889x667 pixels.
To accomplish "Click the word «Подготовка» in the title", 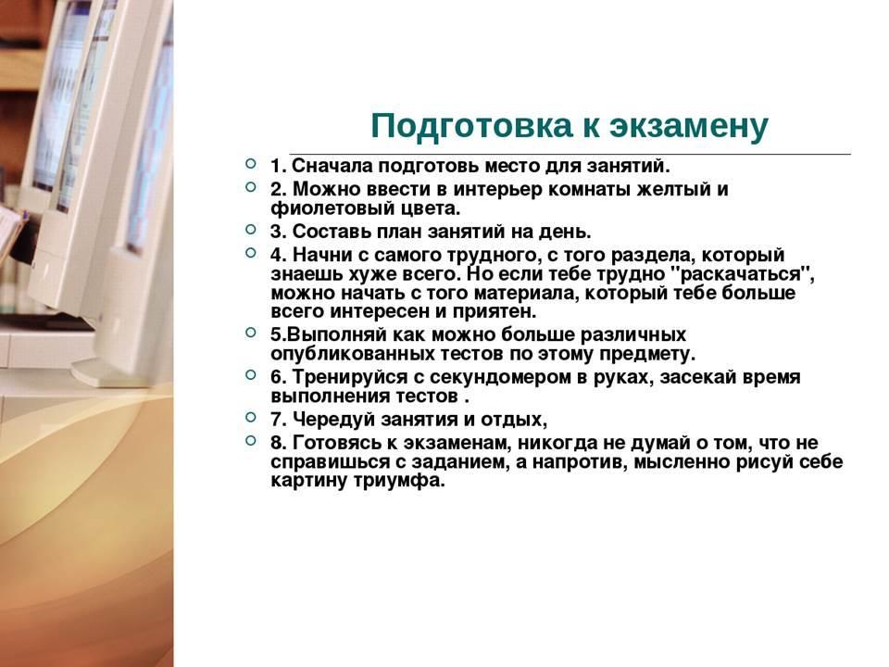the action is (471, 126).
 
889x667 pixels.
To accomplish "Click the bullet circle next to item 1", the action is (251, 164).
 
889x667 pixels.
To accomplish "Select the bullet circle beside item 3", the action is (251, 229).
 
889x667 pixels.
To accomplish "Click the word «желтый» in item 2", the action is (672, 189).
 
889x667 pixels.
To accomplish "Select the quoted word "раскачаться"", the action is (742, 274).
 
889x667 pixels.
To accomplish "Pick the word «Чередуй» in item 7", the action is (333, 420).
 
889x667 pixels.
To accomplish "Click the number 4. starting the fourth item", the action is (279, 255).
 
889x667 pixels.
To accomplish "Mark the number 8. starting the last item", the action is (279, 443).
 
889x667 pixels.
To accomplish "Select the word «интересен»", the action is (380, 312).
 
